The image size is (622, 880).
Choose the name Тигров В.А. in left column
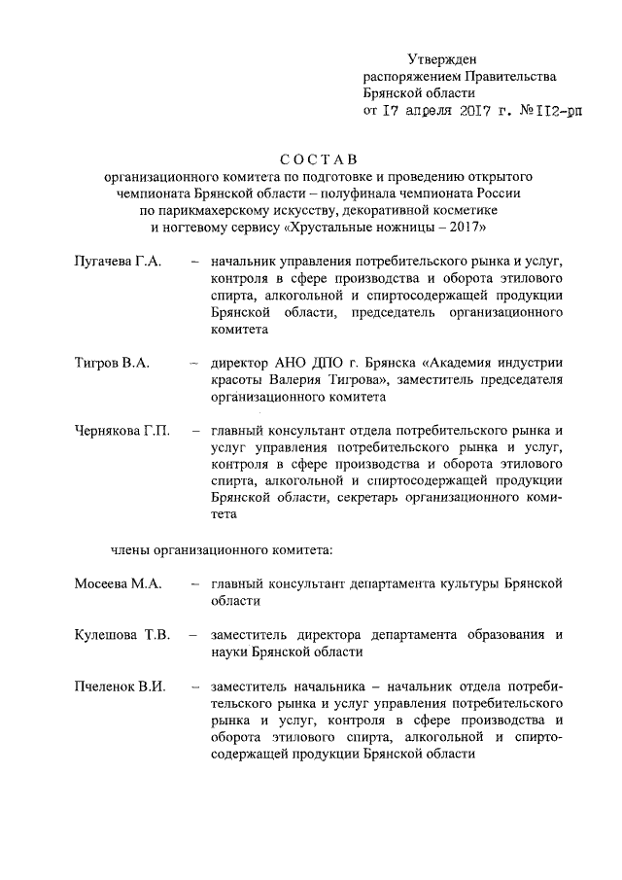[111, 363]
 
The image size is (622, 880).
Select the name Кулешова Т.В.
[122, 635]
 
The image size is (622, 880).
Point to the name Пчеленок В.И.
[119, 686]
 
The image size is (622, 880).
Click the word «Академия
[455, 363]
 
